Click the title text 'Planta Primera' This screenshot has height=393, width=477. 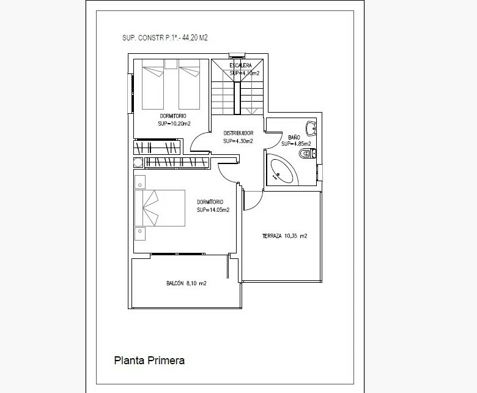pyautogui.click(x=149, y=361)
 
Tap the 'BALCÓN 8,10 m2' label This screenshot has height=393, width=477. pyautogui.click(x=186, y=283)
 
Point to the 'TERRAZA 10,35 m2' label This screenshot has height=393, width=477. pyautogui.click(x=284, y=236)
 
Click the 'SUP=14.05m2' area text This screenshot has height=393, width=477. pyautogui.click(x=213, y=210)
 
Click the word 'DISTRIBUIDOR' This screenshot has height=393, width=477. pyautogui.click(x=238, y=133)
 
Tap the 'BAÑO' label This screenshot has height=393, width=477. pyautogui.click(x=294, y=137)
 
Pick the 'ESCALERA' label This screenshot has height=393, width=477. pyautogui.click(x=240, y=65)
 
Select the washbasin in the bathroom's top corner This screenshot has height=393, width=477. pyautogui.click(x=311, y=129)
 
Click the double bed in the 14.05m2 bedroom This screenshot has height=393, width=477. pyautogui.click(x=160, y=208)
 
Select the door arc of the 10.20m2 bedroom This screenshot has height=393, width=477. pyautogui.click(x=198, y=142)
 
